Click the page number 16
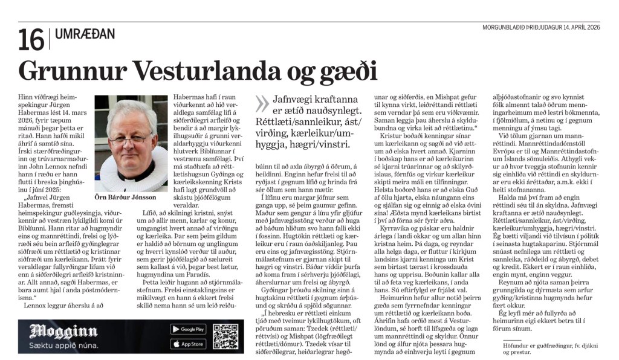(31, 39)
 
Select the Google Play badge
(187, 329)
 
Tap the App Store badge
(187, 344)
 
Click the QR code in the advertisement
(225, 336)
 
